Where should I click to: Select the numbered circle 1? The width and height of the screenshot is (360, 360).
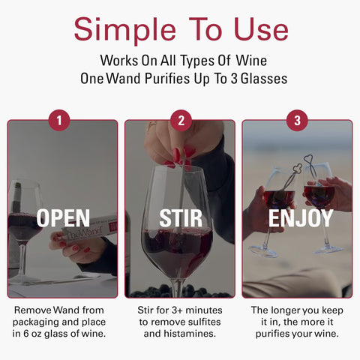pos(59,120)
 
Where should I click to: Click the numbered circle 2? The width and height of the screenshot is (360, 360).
pos(180,120)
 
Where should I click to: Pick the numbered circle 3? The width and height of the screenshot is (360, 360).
pos(298,120)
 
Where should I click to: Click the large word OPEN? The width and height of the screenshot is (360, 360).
pos(63,218)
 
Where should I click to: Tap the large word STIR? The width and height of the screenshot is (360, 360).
pos(181,218)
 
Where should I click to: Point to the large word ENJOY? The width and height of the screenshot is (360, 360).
pos(300,218)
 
